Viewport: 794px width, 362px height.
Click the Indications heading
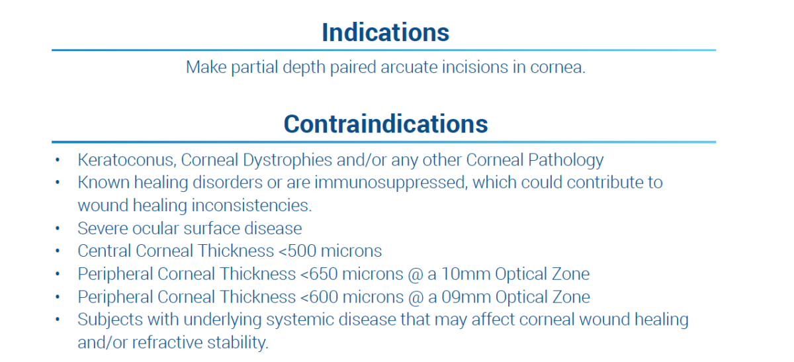[386, 32]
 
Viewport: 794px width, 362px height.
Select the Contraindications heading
[386, 124]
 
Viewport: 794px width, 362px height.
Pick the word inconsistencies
[252, 205]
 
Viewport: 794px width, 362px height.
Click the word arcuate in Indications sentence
[409, 67]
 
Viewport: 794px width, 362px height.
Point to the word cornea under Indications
[558, 67]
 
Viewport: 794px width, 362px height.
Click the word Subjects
[110, 320]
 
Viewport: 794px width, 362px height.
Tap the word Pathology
[566, 160]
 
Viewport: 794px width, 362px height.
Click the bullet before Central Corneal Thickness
[58, 251]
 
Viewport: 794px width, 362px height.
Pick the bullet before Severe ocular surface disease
[58, 228]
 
